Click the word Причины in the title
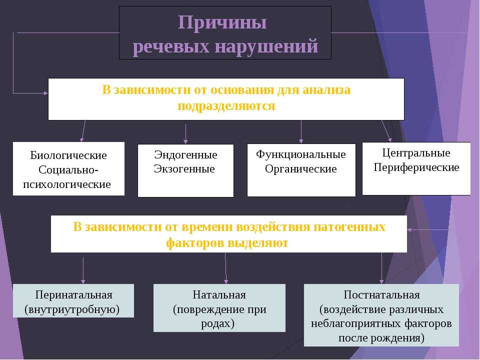[x=222, y=23]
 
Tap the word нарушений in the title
[x=266, y=46]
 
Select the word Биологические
[x=68, y=155]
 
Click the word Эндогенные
[x=185, y=154]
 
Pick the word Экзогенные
[x=184, y=168]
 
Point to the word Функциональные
[x=301, y=154]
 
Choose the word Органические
[x=301, y=169]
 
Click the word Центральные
[x=416, y=153]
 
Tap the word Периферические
[x=416, y=167]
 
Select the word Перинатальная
[x=74, y=295]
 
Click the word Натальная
[x=219, y=295]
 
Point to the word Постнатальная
[x=381, y=295]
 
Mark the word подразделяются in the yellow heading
[x=226, y=106]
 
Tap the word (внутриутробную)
[x=72, y=309]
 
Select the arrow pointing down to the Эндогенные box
[x=185, y=134]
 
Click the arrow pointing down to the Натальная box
[x=226, y=268]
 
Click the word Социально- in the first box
[x=68, y=170]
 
